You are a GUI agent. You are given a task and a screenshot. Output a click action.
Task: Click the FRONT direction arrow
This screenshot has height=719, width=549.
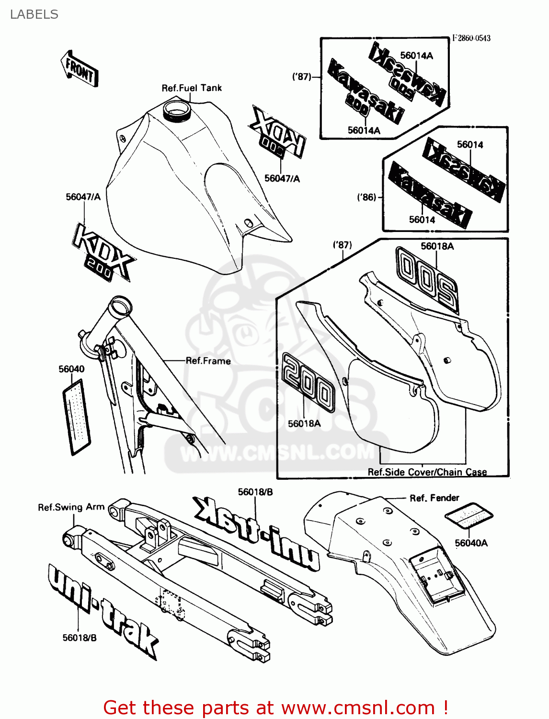(x=80, y=69)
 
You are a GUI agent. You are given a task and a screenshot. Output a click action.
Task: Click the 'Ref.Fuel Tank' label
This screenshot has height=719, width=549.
(x=192, y=88)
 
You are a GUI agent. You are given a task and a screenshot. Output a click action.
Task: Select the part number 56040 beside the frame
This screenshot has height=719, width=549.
(x=71, y=369)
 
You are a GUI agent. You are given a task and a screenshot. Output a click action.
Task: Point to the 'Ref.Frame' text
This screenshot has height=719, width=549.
(x=208, y=361)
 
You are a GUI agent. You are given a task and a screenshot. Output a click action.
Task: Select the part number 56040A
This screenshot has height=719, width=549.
(x=471, y=543)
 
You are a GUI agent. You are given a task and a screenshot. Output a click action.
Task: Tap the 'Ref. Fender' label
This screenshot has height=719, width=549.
(x=434, y=498)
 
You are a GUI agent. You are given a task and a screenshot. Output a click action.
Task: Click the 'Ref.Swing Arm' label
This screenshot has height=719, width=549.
(x=71, y=507)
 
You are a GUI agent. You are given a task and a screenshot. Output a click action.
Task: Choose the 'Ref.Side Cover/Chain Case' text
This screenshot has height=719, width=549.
(x=427, y=472)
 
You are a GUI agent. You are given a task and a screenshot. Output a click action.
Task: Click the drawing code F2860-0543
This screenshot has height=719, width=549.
(x=471, y=38)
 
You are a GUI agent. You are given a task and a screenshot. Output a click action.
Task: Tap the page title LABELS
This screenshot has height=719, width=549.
(x=34, y=14)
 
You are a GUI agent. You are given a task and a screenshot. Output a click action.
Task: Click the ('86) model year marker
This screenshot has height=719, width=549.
(x=366, y=197)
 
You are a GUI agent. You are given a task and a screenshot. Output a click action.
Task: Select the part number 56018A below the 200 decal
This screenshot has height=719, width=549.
(x=304, y=424)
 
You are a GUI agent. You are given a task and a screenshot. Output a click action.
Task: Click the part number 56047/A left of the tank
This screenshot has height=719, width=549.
(x=83, y=197)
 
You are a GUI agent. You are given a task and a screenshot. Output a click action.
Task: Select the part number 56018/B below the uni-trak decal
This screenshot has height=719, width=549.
(x=80, y=638)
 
